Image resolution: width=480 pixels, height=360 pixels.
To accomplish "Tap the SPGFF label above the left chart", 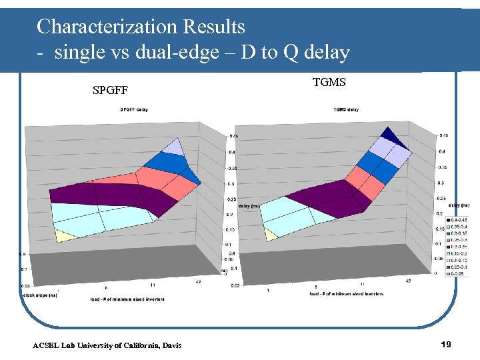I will coord(110,89).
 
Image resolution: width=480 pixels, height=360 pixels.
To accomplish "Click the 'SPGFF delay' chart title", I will coord(134,109).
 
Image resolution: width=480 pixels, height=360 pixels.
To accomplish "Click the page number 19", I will coord(447,344).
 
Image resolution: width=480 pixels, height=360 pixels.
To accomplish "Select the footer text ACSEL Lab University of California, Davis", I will coord(107,345).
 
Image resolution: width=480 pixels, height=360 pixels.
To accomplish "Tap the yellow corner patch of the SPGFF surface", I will coord(65,235).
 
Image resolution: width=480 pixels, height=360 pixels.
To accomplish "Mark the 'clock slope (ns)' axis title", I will coord(39,293).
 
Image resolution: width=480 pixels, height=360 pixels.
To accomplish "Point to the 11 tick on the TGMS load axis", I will coord(361,283).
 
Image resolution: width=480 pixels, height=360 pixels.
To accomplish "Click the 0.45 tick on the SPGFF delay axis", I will coord(234,136).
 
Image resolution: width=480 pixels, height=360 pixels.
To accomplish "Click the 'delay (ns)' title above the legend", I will coord(459,205).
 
